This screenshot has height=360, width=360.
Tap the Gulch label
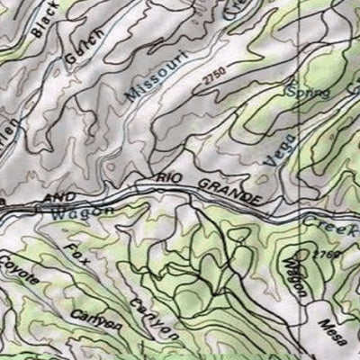(x=83, y=46)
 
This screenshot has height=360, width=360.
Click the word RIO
(x=171, y=179)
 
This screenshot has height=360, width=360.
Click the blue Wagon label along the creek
(x=82, y=211)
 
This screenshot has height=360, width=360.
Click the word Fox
(x=76, y=256)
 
